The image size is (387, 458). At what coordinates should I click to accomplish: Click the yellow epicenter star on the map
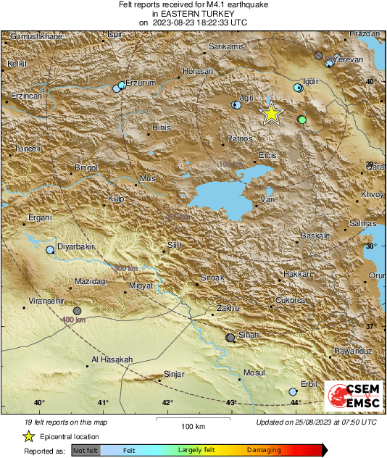[270, 114]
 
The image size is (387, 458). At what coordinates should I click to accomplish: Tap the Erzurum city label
[141, 83]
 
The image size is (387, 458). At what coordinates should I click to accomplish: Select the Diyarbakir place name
[77, 247]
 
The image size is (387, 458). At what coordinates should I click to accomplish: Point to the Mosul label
[254, 372]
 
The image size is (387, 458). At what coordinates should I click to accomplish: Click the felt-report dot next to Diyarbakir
[50, 250]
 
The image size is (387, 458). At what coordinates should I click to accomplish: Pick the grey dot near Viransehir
[78, 311]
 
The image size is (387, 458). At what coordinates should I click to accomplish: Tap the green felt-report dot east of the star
[301, 120]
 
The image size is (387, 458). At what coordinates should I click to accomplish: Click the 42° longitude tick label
[167, 403]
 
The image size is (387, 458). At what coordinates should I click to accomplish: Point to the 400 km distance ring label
[74, 320]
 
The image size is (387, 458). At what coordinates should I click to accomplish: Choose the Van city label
[268, 199]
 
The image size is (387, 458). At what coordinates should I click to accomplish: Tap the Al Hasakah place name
[112, 360]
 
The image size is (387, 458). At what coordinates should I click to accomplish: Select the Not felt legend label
[86, 451]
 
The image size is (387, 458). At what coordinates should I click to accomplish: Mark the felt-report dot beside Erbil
[293, 391]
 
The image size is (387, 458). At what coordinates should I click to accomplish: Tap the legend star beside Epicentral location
[28, 436]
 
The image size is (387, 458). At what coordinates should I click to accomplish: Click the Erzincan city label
[27, 96]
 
